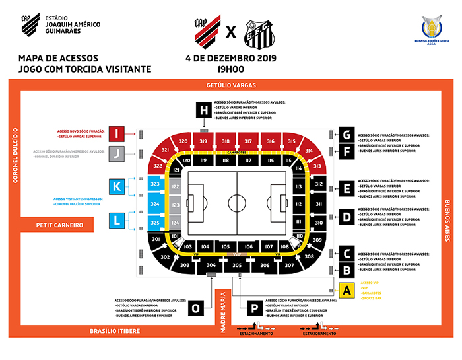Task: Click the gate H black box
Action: click(205, 110)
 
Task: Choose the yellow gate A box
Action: click(346, 288)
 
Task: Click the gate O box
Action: click(195, 308)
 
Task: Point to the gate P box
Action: click(252, 308)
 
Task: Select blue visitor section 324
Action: click(155, 205)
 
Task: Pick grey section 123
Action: click(175, 205)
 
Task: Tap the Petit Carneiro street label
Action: click(60, 225)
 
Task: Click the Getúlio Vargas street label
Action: click(230, 85)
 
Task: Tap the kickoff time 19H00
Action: click(230, 67)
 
